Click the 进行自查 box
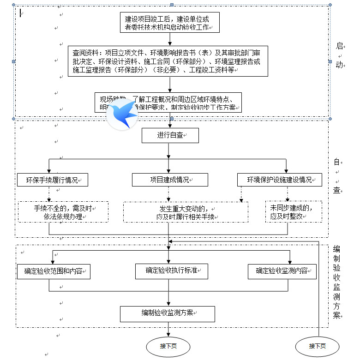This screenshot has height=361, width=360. (169, 135)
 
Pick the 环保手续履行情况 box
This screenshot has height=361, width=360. (52, 180)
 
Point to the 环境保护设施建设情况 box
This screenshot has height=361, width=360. (279, 180)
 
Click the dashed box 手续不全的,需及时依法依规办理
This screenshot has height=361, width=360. (63, 212)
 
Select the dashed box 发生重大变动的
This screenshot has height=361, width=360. (185, 212)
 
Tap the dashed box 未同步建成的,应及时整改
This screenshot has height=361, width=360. (294, 212)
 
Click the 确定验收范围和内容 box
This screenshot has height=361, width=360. (53, 271)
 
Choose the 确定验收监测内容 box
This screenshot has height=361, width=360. (282, 271)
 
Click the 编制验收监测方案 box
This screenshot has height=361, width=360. (168, 314)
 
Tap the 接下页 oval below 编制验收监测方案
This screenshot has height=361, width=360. (168, 346)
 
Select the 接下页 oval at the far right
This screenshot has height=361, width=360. (318, 346)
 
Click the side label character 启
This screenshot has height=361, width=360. (340, 46)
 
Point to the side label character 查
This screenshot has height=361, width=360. (337, 190)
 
